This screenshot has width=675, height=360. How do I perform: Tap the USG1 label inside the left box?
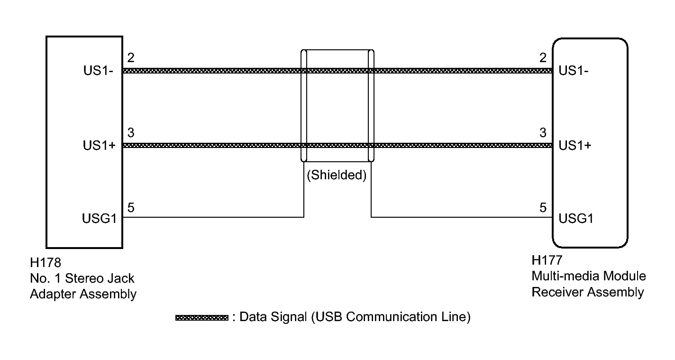(98, 219)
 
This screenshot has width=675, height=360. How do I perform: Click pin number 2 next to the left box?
(131, 58)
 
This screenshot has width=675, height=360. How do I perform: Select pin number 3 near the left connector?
(131, 133)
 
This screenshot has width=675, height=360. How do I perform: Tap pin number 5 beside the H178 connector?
(131, 207)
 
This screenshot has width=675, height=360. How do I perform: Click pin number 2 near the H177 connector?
(543, 58)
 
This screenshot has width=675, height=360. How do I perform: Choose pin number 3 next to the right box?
(543, 133)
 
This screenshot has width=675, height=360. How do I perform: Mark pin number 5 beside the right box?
(543, 207)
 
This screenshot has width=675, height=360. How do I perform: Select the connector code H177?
(547, 260)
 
